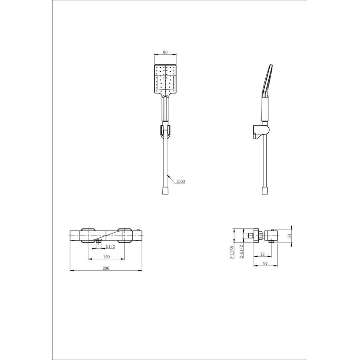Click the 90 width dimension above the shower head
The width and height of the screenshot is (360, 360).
165,52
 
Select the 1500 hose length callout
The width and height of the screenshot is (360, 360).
180,181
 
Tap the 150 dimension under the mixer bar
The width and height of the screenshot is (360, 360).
106,257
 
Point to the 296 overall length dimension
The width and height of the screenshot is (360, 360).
106,268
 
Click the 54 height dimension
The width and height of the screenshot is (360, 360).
290,236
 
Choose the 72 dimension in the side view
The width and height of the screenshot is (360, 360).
262,254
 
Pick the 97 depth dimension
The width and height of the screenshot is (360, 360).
265,263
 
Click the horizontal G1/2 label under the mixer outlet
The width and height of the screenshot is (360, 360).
110,246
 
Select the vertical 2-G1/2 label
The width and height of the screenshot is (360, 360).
241,252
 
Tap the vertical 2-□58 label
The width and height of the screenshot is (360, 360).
232,252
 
